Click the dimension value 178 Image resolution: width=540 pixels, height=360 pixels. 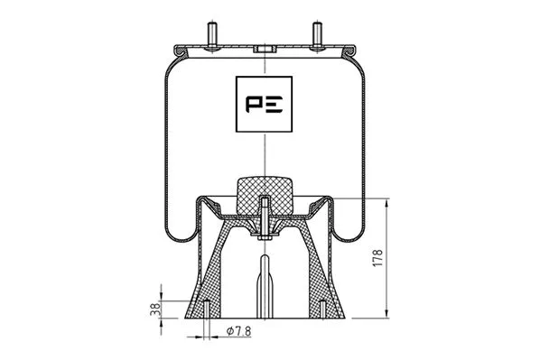point(378,258)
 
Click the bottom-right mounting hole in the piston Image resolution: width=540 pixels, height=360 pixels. point(322,308)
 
